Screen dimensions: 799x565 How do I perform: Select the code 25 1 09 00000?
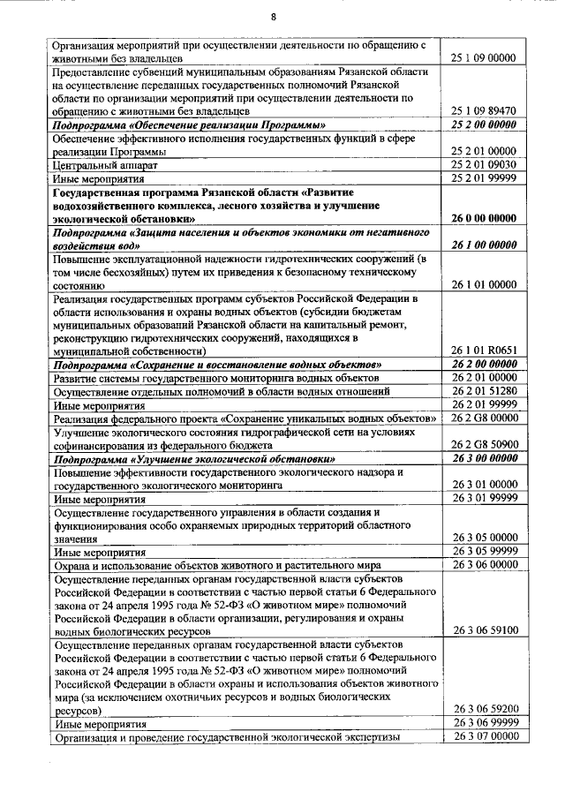click(483, 58)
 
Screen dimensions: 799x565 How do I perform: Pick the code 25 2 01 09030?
click(483, 164)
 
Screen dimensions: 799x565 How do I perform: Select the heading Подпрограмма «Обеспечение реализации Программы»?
click(183, 125)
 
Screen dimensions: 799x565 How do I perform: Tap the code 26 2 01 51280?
click(483, 390)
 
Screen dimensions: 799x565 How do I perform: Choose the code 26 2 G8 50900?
click(483, 443)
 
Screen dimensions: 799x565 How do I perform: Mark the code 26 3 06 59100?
click(483, 631)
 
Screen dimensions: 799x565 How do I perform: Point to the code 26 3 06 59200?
click(483, 709)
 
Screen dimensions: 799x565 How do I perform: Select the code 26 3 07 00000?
click(483, 736)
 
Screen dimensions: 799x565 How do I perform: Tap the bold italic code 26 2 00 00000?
click(483, 364)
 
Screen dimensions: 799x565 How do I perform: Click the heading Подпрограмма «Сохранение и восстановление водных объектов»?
click(217, 364)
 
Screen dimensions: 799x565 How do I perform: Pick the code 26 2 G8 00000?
click(483, 417)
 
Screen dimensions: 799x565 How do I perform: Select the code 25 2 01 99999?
click(483, 177)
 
